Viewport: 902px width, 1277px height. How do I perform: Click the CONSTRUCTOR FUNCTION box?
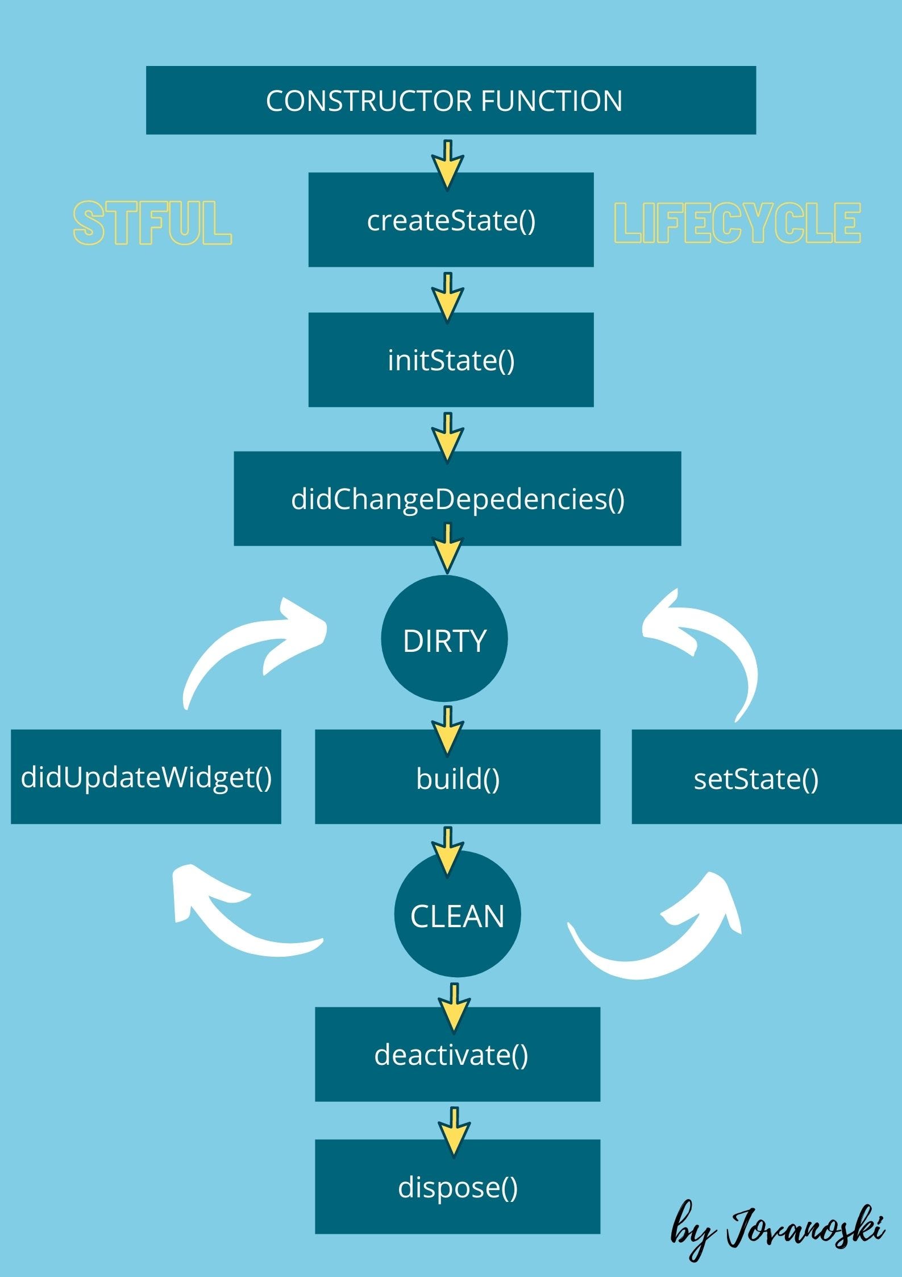[451, 100]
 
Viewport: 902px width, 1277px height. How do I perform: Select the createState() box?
[451, 220]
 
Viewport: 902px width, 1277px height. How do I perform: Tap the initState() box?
[451, 359]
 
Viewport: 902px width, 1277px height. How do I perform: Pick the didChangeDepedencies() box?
[457, 498]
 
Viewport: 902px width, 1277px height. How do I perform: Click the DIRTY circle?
[444, 638]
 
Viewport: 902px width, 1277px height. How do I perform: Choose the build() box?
[458, 776]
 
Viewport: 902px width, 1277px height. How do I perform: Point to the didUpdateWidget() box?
[146, 776]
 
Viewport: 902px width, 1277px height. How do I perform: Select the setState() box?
[766, 776]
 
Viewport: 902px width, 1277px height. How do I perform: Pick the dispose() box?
[458, 1187]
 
